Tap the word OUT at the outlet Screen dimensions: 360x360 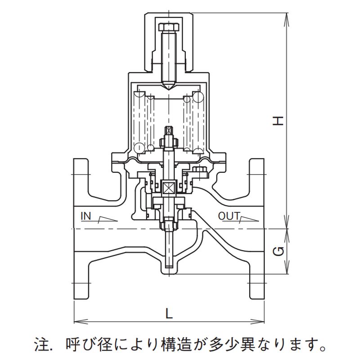point(229,216)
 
